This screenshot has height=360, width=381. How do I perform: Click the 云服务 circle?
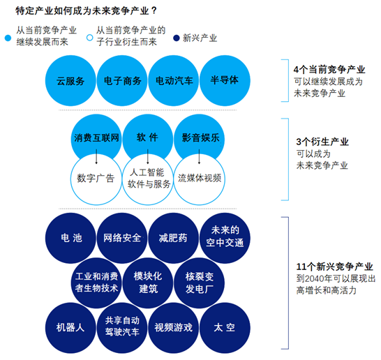pyautogui.click(x=70, y=81)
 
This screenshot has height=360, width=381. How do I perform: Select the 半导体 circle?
pyautogui.click(x=225, y=81)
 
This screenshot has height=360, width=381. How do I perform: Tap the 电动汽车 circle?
pyautogui.click(x=174, y=81)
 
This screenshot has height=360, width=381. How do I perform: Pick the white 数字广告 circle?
pyautogui.click(x=96, y=179)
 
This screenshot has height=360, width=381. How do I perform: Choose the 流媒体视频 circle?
pyautogui.click(x=200, y=179)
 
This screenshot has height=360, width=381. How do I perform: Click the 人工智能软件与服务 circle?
pyautogui.click(x=148, y=179)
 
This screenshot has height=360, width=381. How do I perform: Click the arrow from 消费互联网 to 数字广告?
pyautogui.click(x=96, y=157)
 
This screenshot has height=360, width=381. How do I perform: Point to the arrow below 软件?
pyautogui.click(x=148, y=157)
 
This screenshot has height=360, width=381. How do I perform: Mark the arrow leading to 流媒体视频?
pyautogui.click(x=200, y=157)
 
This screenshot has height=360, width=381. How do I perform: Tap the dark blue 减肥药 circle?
pyautogui.click(x=174, y=238)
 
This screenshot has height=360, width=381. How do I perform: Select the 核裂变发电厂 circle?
pyautogui.click(x=200, y=283)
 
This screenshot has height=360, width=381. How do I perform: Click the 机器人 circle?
pyautogui.click(x=70, y=328)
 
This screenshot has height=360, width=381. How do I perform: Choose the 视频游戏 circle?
pyautogui.click(x=174, y=328)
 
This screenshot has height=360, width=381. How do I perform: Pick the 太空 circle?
pyautogui.click(x=225, y=328)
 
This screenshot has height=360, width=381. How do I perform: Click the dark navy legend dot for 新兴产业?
pyautogui.click(x=177, y=38)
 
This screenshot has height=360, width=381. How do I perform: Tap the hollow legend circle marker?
pyautogui.click(x=89, y=38)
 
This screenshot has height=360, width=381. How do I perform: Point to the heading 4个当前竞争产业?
pyautogui.click(x=329, y=70)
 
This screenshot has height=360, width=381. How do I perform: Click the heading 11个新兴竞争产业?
pyautogui.click(x=334, y=267)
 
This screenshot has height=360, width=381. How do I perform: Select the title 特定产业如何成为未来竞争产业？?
pyautogui.click(x=87, y=11)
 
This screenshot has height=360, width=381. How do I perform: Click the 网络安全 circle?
pyautogui.click(x=122, y=238)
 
